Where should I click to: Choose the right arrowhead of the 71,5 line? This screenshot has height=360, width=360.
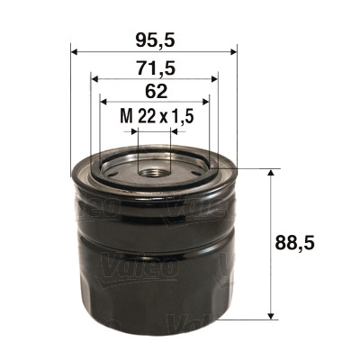pyautogui.click(x=213, y=77)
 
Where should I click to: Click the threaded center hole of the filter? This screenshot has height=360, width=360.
pyautogui.click(x=153, y=167)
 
